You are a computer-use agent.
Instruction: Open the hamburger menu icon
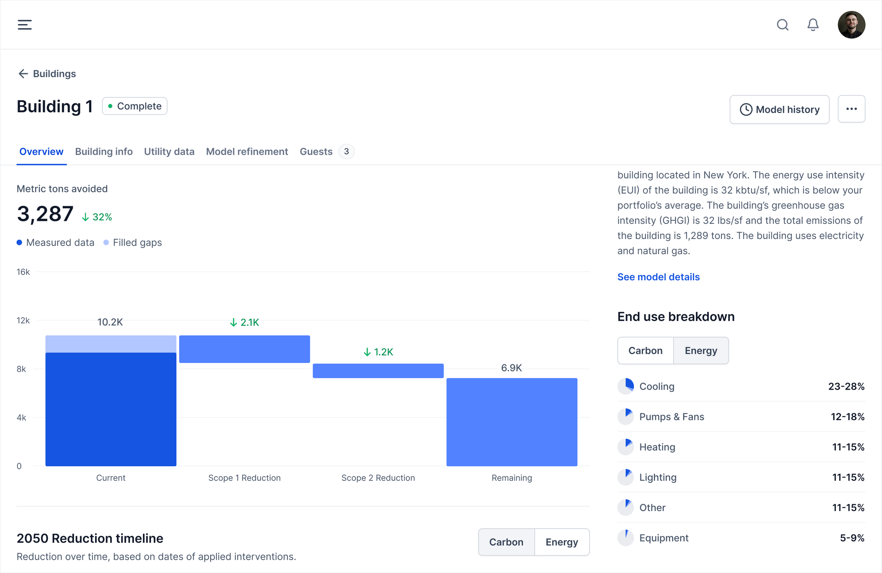(25, 25)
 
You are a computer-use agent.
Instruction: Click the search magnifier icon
(783, 25)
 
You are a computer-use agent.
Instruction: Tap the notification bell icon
(813, 25)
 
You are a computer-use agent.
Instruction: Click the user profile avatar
(851, 25)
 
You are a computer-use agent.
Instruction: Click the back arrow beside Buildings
(23, 74)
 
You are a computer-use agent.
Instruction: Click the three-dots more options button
(851, 109)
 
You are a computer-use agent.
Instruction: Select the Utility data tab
(169, 152)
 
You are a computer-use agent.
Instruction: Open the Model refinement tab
(247, 152)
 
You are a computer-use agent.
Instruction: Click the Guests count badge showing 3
(346, 152)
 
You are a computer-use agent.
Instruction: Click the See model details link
(658, 277)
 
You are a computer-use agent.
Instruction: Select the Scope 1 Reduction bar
(244, 349)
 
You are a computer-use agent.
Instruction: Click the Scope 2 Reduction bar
(378, 371)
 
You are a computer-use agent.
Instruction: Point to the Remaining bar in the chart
(512, 422)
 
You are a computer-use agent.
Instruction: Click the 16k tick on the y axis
(23, 272)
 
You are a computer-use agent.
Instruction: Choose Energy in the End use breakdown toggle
(701, 351)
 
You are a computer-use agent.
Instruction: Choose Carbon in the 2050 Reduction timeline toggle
(506, 542)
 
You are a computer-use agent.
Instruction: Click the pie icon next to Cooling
(626, 386)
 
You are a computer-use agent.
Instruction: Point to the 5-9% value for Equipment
(852, 538)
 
